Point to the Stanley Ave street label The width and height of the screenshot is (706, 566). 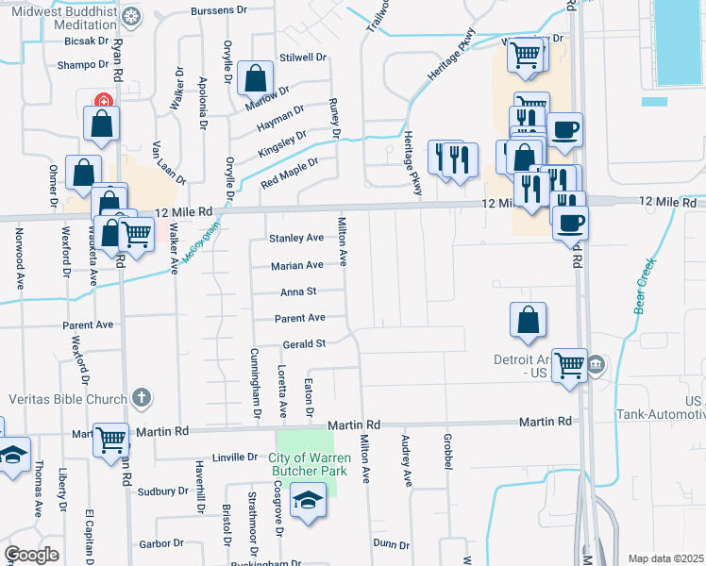point(296,238)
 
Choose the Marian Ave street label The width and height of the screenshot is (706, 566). point(297,266)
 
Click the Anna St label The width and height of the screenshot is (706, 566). point(297,292)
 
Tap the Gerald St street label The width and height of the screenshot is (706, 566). point(304,343)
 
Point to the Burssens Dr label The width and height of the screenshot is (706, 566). point(218,11)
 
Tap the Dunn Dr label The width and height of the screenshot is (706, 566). point(391,544)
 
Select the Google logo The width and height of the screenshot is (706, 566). point(32,555)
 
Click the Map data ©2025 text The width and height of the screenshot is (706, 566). point(666,558)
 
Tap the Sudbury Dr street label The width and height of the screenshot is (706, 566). point(163,491)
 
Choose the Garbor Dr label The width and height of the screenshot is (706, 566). point(161,543)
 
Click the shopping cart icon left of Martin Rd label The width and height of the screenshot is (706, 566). point(111,438)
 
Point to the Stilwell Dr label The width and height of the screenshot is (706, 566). point(303,57)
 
